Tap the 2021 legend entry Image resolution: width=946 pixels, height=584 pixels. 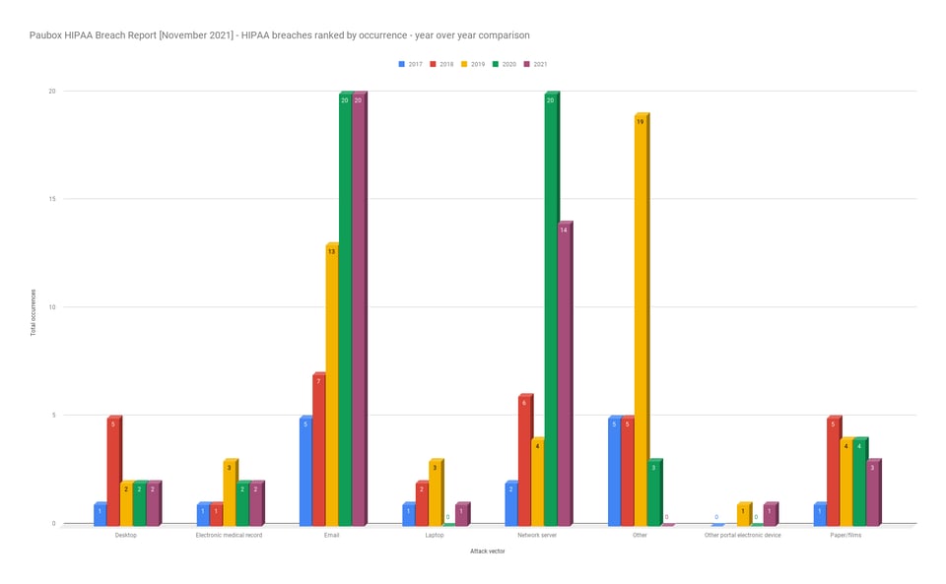coord(536,64)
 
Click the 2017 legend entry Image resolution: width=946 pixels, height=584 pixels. coord(410,64)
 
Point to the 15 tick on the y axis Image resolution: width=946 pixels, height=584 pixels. coord(52,199)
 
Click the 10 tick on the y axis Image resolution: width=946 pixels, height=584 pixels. coord(52,307)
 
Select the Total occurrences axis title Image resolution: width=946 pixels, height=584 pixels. coord(33,312)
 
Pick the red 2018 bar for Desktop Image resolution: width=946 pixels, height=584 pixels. coord(113,471)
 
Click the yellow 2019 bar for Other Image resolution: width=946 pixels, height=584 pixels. coord(641,320)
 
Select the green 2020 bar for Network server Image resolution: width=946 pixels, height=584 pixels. coord(551,308)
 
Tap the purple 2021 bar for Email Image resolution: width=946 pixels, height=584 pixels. coord(358,308)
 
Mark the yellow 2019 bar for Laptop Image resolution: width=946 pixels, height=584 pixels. coord(435,492)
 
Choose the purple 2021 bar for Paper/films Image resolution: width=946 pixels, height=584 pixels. coord(872,492)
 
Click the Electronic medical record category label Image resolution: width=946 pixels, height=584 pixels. coord(229,536)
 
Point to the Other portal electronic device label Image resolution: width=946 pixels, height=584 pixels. coord(743,536)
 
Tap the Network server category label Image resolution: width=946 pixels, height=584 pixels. coord(537,536)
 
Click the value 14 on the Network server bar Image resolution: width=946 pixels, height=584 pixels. coord(564,230)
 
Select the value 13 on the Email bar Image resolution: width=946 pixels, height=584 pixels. coord(332,252)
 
